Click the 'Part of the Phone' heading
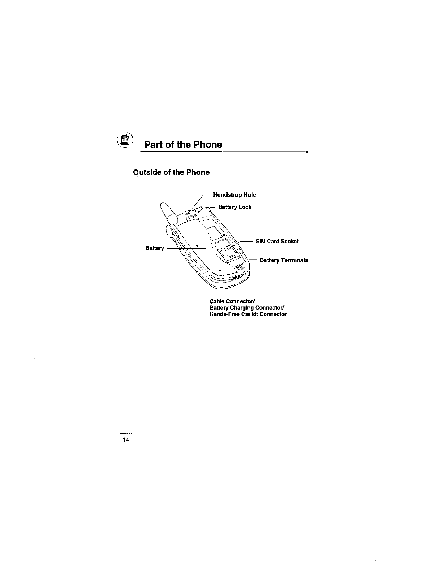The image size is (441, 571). click(x=183, y=145)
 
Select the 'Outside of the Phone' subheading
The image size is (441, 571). click(x=171, y=172)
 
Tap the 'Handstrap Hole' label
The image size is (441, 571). click(x=234, y=195)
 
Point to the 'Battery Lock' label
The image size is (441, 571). click(x=235, y=207)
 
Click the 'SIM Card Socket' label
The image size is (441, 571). click(x=277, y=241)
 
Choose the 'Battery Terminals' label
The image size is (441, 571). click(x=284, y=260)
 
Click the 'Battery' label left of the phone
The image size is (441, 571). click(x=155, y=248)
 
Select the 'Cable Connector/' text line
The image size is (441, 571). click(x=232, y=301)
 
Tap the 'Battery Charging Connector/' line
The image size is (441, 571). click(x=248, y=308)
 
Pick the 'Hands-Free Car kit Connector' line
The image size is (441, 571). click(x=248, y=314)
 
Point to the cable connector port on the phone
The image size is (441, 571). click(x=236, y=278)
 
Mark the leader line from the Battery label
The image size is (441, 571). click(x=186, y=248)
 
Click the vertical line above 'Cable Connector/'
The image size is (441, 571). click(x=237, y=288)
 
